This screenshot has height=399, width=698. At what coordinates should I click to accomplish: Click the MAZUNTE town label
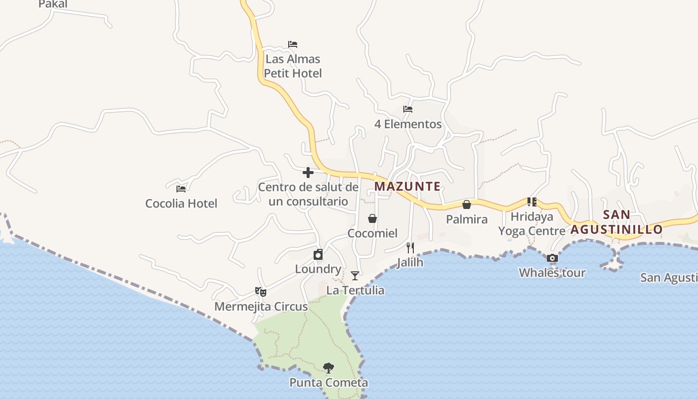coord(407,187)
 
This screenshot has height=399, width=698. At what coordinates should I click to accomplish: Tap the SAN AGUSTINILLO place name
coord(617,222)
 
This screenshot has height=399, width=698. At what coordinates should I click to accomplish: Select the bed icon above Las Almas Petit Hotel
coord(293,44)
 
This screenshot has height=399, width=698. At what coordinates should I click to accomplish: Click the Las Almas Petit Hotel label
coord(293,66)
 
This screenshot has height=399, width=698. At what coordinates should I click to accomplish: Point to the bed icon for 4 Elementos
coord(408,109)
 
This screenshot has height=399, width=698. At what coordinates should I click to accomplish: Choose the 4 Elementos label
coord(408,124)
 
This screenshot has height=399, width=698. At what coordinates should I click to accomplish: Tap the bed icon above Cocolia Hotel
coord(181,189)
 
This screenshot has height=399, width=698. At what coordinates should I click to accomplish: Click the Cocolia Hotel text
coord(181,203)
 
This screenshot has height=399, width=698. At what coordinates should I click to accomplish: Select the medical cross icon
coord(308,173)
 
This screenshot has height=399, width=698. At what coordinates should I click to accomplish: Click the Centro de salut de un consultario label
coord(308,195)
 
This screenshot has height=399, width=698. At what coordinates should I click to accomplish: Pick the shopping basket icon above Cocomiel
coord(372,218)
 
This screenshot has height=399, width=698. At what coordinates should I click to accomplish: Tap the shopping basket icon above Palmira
coord(467,204)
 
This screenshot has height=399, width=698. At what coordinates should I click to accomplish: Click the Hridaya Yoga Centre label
coord(532,224)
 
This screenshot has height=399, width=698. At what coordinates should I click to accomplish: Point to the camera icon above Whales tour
coord(552,258)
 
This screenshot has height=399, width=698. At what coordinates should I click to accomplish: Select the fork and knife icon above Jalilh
coord(410,247)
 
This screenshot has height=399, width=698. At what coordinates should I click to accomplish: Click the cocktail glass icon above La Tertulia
coord(355,276)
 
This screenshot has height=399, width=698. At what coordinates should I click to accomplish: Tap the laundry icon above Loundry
coord(318,255)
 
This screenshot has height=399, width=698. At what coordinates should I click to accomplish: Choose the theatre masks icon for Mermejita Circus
coord(261,292)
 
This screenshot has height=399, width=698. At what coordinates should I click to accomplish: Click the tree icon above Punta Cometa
coord(328,368)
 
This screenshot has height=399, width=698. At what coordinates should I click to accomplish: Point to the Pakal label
coord(53,4)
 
